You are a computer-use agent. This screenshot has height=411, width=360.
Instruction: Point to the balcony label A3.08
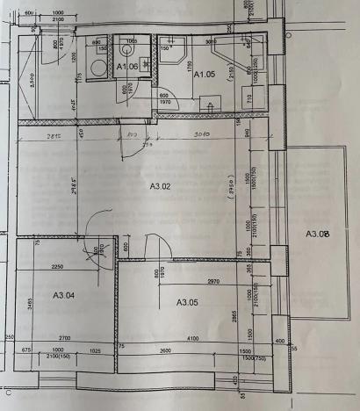click(317, 234)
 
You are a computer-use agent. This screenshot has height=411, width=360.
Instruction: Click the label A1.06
click(129, 67)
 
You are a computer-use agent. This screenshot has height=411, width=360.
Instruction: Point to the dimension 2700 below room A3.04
click(66, 337)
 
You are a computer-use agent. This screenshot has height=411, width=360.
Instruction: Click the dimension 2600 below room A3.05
click(166, 351)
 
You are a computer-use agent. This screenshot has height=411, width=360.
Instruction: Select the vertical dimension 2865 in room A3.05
click(236, 316)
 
